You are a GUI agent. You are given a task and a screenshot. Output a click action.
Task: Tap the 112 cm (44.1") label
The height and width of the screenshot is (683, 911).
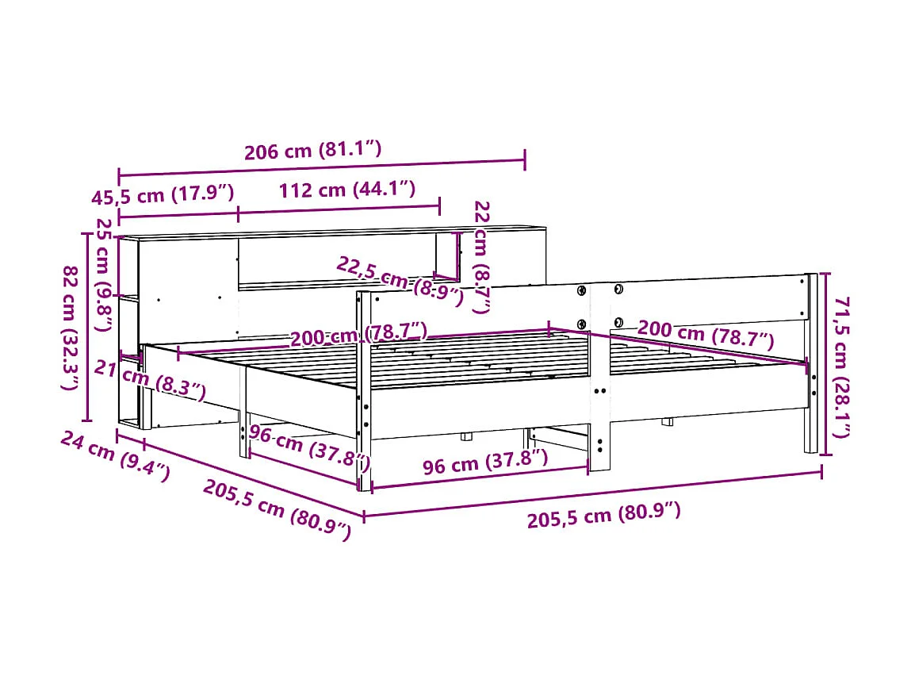pos(346,190)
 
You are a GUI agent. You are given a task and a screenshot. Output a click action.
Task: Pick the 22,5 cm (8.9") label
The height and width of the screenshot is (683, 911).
pos(399,280)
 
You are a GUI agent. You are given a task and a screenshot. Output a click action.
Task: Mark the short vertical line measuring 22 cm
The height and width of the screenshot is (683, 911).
pos(457,255)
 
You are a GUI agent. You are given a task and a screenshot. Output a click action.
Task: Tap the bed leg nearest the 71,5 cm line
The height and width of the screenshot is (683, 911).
pos(810,428)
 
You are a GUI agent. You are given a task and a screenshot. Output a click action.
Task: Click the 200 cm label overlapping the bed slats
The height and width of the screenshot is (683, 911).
pos(358,336)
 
